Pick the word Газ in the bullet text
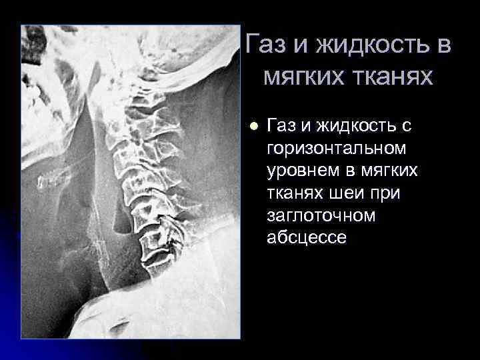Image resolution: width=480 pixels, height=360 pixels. [283, 125]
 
